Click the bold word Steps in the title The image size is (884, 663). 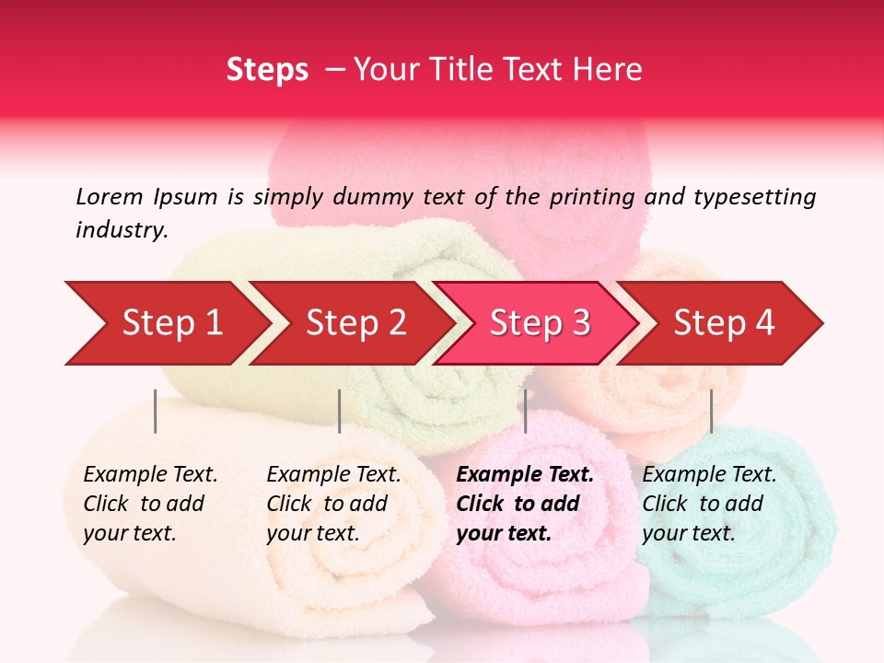coord(267,70)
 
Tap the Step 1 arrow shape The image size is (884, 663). coord(172,323)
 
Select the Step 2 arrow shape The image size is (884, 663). coord(356,323)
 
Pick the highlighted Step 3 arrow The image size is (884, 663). coord(540,323)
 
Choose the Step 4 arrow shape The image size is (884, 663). coord(724,323)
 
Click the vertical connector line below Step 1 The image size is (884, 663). coord(156,411)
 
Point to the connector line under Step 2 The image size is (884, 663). coord(340,411)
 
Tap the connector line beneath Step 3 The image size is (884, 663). coord(525,411)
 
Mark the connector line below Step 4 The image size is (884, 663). coord(711,411)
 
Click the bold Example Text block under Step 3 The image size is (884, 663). coord(525,504)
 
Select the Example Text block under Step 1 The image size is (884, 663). coord(150,504)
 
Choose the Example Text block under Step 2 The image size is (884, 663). coord(333,504)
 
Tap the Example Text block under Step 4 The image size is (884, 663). coord(709,504)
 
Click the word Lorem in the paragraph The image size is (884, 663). coord(110,196)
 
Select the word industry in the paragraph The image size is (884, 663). coord(121,230)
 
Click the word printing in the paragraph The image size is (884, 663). coord(590,197)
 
